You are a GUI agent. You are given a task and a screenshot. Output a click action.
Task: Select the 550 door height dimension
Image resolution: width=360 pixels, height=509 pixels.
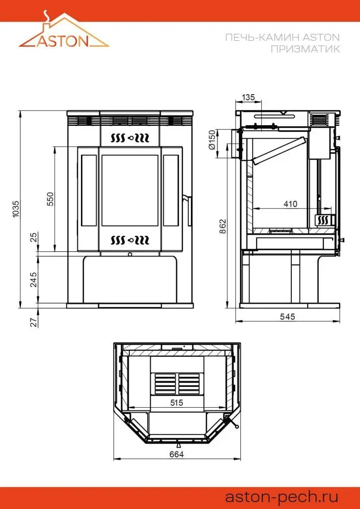[50, 199]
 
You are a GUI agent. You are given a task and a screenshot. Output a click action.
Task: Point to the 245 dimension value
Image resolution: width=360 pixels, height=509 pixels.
[34, 279]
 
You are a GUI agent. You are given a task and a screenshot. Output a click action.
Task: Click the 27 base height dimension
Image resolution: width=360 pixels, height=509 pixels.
[34, 322]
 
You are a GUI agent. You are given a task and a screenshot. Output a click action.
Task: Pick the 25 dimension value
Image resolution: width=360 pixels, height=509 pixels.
[34, 237]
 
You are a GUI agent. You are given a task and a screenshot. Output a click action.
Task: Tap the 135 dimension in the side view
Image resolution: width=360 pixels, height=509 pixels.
[248, 97]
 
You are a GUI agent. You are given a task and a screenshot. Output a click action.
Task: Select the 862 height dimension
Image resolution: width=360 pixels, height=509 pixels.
[223, 227]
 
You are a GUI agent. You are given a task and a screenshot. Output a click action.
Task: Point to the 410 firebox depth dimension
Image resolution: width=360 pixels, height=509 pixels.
[290, 204]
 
